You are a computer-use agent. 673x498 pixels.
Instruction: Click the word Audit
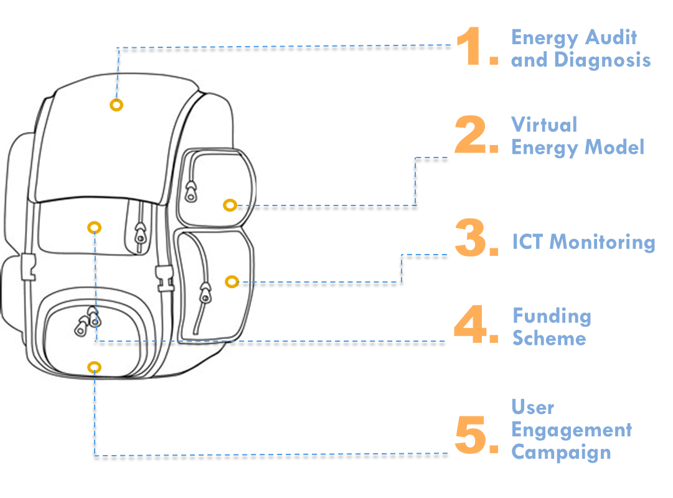(x=611, y=37)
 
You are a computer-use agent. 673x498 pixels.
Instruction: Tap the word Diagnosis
(x=603, y=60)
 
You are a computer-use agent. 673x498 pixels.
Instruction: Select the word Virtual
(x=544, y=125)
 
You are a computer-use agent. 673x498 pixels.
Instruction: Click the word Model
(x=614, y=148)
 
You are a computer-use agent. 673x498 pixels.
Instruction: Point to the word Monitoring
(x=603, y=243)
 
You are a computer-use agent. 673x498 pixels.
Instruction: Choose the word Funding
(x=552, y=316)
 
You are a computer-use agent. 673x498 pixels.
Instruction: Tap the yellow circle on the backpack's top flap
(x=116, y=105)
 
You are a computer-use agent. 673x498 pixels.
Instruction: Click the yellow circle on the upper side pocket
(x=230, y=205)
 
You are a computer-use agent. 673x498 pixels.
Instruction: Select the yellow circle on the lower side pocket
(x=232, y=281)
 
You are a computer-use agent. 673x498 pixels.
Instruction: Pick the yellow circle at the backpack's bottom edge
(x=95, y=367)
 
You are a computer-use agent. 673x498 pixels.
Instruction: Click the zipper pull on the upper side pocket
(x=191, y=192)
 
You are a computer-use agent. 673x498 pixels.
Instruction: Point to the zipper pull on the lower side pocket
(x=205, y=293)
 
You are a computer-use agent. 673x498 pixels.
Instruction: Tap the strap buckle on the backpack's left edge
(x=29, y=267)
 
